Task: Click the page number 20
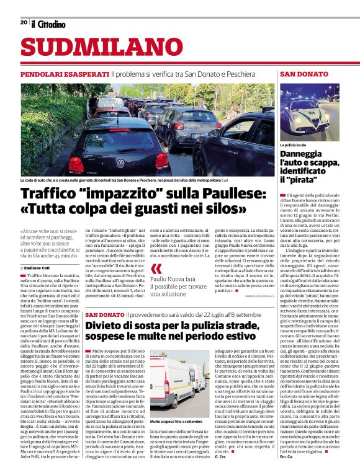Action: pos(24,22)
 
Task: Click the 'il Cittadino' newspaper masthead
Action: pos(48,24)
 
